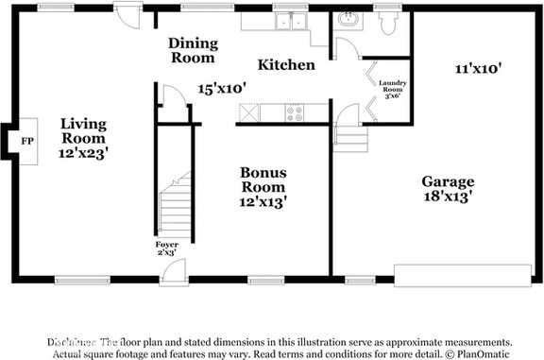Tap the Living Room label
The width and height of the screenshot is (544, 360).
(x=84, y=130)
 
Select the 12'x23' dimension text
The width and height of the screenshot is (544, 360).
(x=84, y=151)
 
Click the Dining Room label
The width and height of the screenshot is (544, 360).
(x=193, y=50)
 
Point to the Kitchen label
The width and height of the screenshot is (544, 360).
(x=286, y=65)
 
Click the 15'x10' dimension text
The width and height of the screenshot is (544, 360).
(x=222, y=88)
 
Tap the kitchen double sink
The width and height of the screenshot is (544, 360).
(x=288, y=21)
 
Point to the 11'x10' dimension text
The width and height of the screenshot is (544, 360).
(x=477, y=68)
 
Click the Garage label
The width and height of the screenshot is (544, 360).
(x=448, y=181)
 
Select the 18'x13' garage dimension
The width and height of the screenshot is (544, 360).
(x=448, y=197)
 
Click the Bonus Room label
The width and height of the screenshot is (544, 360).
(x=263, y=180)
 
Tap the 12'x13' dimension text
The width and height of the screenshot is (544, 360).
(x=263, y=201)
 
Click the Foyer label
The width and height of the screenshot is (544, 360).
(x=167, y=249)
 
